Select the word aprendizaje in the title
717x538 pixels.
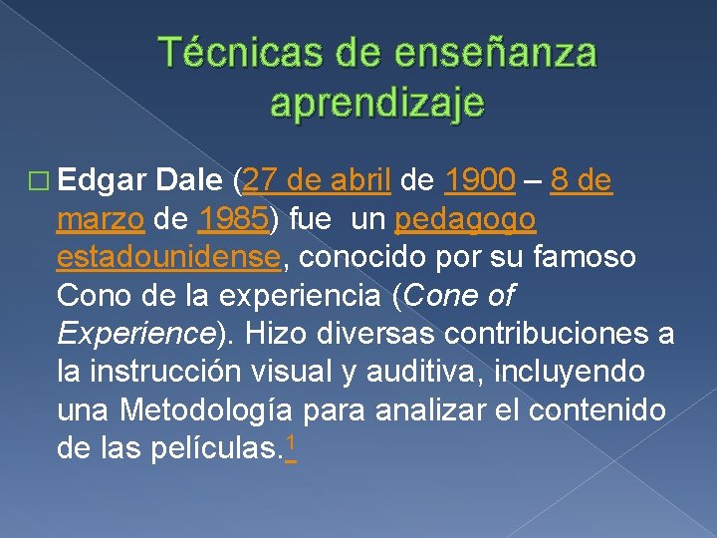pyautogui.click(x=377, y=103)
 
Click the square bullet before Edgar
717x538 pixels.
pyautogui.click(x=39, y=182)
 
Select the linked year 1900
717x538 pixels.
pyautogui.click(x=480, y=181)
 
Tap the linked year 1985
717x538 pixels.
pyautogui.click(x=232, y=219)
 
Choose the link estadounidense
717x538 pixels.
pyautogui.click(x=168, y=257)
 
